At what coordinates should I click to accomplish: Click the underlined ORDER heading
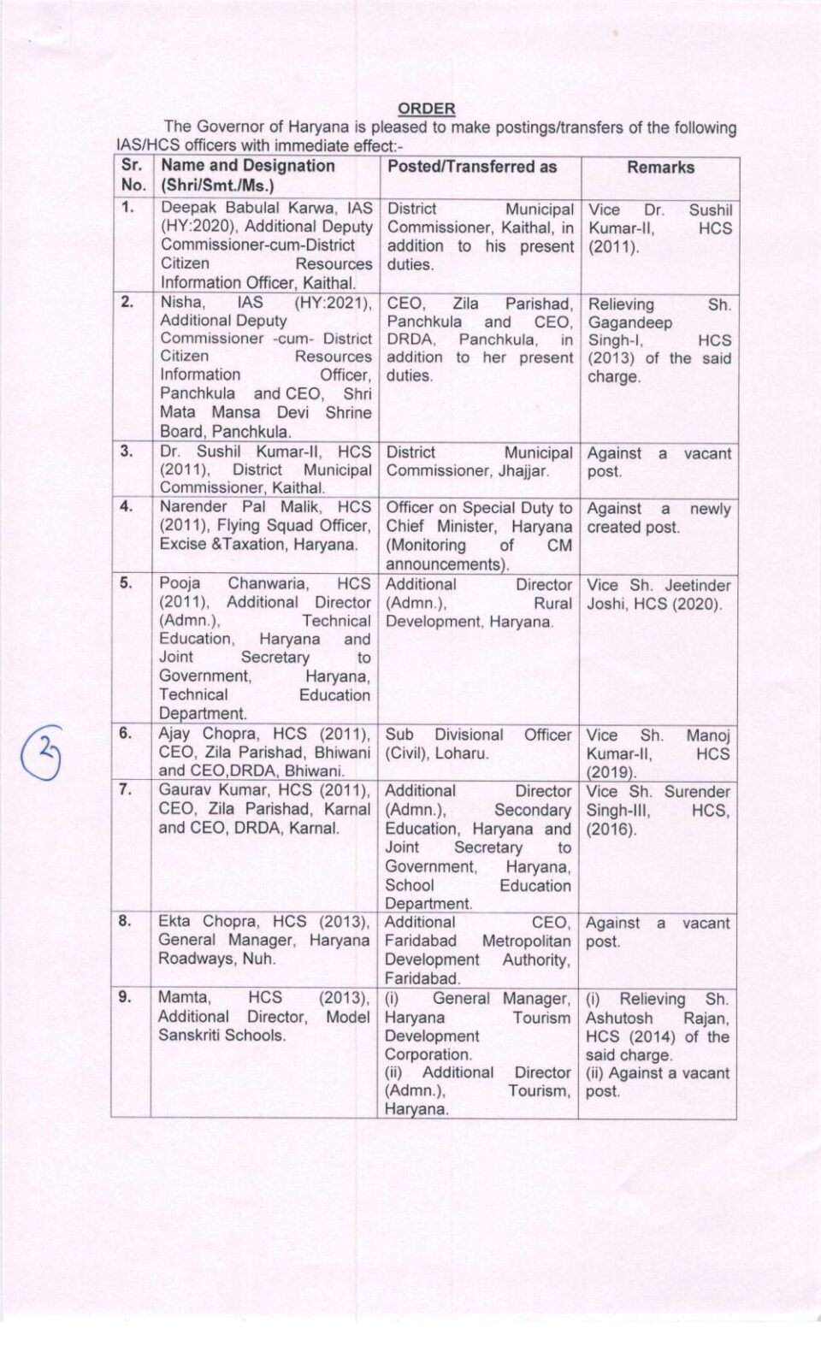[427, 109]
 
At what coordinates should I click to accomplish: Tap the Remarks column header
[660, 168]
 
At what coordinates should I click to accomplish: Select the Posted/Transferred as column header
[471, 167]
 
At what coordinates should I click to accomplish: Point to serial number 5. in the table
[127, 583]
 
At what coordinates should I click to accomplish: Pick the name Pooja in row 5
[180, 583]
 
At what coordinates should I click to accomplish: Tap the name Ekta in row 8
[175, 921]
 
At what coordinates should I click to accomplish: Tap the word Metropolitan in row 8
[527, 941]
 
